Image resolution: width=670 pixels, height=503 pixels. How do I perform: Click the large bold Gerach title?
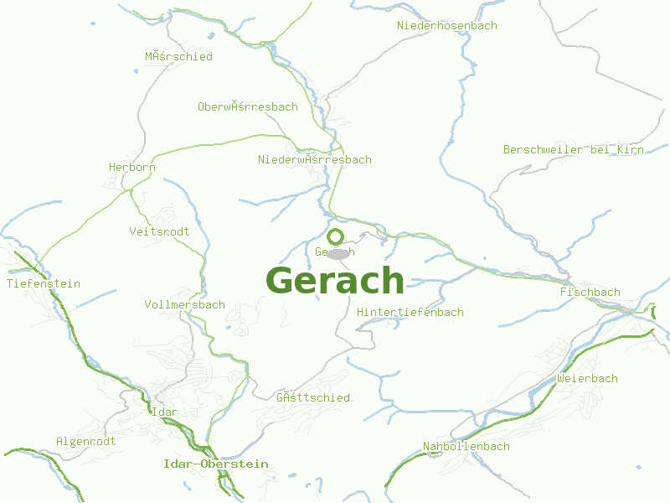point(335,280)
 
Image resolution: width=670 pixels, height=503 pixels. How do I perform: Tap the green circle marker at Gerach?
point(336,236)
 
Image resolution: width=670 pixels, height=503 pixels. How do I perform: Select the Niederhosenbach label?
point(446,26)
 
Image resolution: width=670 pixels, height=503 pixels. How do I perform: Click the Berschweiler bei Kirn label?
point(573,150)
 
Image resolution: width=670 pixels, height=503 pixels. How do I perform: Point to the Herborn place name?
point(132,168)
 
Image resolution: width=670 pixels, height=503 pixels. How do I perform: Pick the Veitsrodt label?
point(159,231)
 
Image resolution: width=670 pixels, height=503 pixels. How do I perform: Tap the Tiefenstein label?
point(44,284)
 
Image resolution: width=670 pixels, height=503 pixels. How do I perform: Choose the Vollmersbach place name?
point(184,305)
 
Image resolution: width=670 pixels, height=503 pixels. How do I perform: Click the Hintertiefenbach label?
point(410,313)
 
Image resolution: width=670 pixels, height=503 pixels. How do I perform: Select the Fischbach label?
point(590,293)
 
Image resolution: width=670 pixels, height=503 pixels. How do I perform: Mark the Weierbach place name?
point(587,379)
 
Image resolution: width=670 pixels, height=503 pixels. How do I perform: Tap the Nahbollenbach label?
point(466,447)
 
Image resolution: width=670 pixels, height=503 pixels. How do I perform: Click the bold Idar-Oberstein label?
point(215,464)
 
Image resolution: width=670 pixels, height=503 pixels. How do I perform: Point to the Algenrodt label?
point(85,442)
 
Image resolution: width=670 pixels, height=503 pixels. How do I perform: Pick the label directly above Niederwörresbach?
point(247,107)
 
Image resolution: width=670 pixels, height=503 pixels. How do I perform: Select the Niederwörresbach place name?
point(314,160)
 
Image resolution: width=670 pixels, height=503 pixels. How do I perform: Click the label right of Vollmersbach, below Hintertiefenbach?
point(312,398)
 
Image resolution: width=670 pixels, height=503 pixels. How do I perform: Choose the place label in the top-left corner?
point(178,57)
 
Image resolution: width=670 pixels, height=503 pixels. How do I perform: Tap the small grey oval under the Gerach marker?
point(338,253)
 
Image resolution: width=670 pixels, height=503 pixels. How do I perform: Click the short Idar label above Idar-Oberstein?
point(164,412)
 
